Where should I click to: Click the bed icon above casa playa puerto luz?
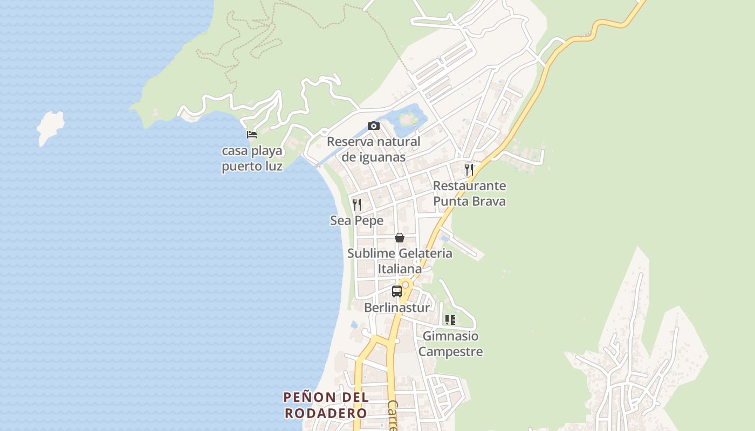[251, 134]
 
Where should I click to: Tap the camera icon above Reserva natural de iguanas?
[373, 126]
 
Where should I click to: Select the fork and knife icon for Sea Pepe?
[356, 205]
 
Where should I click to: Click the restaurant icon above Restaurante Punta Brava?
[469, 170]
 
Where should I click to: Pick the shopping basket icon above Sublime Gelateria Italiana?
[400, 238]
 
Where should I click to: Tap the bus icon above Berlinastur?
[397, 291]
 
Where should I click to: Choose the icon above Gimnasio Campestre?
[450, 320]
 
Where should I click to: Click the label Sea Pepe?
[356, 220]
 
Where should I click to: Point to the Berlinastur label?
[397, 308]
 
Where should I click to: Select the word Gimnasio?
[450, 336]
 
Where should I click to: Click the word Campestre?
[450, 352]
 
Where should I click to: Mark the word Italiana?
[400, 268]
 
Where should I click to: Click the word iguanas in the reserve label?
[373, 157]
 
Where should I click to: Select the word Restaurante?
[469, 186]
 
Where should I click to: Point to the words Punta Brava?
[469, 201]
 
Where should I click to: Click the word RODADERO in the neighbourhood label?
[326, 413]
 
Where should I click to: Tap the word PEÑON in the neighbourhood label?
[303, 398]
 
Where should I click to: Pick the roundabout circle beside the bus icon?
[406, 284]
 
